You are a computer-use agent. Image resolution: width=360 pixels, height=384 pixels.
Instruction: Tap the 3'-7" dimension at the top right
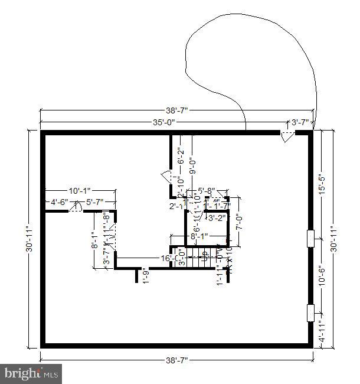(300, 123)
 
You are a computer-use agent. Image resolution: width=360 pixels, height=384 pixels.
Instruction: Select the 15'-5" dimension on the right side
(322, 184)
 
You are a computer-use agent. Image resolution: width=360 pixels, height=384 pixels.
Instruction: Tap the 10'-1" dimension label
(80, 191)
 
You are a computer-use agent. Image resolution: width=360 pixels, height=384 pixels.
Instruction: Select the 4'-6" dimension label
(59, 202)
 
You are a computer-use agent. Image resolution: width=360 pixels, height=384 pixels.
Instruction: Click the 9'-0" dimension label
(191, 162)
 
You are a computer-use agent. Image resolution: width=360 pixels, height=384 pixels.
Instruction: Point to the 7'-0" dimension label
(239, 223)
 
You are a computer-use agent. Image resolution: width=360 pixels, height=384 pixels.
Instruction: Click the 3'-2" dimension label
(217, 218)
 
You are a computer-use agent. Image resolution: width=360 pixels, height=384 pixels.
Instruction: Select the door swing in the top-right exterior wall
(286, 138)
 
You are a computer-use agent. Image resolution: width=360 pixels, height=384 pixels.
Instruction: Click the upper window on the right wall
(310, 237)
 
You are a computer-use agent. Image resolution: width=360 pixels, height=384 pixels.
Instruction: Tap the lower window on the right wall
(310, 313)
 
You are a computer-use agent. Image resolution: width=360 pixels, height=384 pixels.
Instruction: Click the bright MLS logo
(32, 373)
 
